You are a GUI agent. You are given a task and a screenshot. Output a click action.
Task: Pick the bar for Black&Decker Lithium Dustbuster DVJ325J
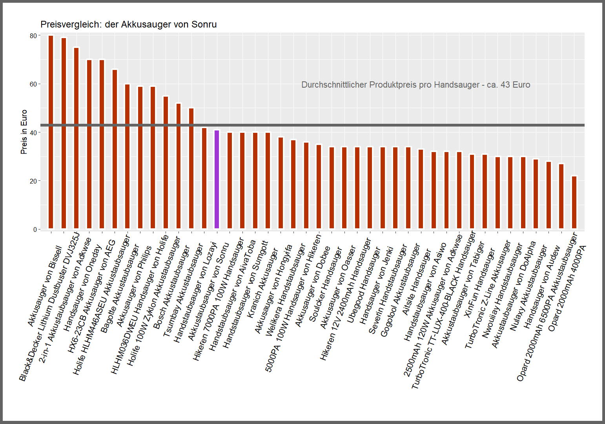64,134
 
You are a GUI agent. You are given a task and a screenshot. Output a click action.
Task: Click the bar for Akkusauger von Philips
140,158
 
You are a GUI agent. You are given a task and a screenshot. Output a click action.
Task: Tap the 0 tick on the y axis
35,229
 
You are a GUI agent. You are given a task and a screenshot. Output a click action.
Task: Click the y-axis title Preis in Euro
24,132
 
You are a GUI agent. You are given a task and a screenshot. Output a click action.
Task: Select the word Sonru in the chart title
204,24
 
